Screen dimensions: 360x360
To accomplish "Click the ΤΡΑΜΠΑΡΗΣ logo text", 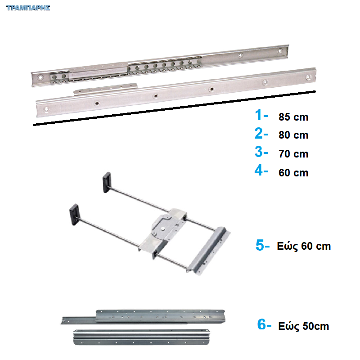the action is pos(28,8).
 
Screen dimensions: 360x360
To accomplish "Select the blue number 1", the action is pos(258,115).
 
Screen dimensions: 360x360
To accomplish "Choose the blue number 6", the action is pos(261,324).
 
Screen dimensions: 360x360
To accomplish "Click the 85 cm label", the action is pos(293,117).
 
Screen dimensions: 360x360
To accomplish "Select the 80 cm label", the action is pos(293,135).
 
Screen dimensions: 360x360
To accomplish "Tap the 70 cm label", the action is pos(293,154).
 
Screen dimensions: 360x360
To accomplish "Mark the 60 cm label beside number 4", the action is pos(293,173).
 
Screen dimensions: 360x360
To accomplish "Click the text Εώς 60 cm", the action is pos(304,246).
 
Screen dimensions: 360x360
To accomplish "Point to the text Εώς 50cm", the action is pos(303,326).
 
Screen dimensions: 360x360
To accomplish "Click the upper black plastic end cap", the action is pos(107,182).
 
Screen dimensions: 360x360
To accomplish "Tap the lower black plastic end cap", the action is pos(74,215).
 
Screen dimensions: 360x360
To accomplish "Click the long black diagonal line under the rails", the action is pos(175,108).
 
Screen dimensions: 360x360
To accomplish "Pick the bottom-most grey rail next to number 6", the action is pos(141,337).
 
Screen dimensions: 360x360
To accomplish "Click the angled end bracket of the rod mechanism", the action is pos(208,251).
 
